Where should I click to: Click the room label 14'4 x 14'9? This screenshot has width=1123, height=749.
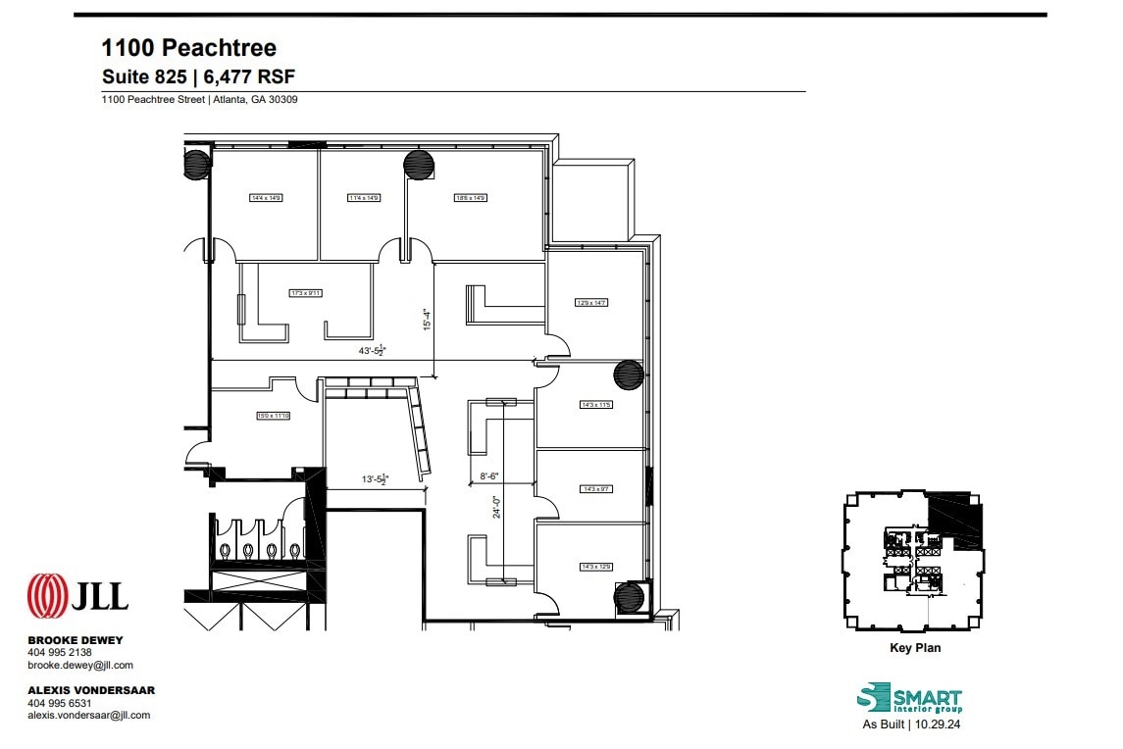tap(266, 198)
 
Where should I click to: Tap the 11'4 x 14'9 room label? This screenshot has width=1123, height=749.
tap(363, 198)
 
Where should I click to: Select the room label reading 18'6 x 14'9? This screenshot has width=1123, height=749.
tap(470, 198)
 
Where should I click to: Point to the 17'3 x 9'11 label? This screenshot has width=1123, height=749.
tap(306, 293)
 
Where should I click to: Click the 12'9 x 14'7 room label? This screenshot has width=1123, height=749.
tap(591, 302)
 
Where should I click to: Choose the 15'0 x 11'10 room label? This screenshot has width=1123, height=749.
tap(274, 416)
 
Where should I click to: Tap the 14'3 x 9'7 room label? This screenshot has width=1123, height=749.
tap(596, 488)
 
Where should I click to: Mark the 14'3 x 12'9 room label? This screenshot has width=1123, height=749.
tap(596, 567)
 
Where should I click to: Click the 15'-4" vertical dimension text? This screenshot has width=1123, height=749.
tap(427, 320)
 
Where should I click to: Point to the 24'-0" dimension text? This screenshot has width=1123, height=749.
tap(497, 505)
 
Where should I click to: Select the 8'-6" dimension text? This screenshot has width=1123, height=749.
tap(489, 476)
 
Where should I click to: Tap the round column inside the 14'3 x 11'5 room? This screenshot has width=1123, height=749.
tap(628, 375)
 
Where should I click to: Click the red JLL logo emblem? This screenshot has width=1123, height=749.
tap(47, 595)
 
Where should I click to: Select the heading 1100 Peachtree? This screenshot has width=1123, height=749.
tap(189, 47)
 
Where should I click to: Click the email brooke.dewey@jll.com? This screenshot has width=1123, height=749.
tap(80, 666)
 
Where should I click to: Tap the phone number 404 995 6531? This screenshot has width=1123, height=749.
tap(60, 703)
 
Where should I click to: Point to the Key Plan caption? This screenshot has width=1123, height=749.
tap(913, 648)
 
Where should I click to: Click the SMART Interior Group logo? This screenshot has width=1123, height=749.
tap(909, 699)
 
